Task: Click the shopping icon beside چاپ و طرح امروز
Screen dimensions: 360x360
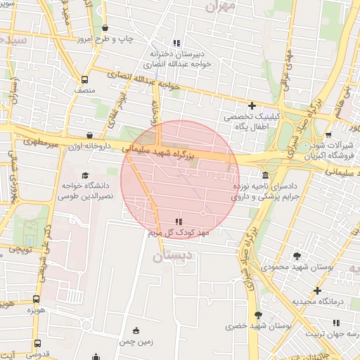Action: pos(105,28)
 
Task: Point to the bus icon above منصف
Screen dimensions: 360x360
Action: pos(84,79)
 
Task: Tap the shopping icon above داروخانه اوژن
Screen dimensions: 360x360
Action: pos(89,136)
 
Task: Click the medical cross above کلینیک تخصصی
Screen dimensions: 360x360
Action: pos(251,105)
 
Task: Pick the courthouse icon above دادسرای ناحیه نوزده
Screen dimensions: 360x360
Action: pos(264,175)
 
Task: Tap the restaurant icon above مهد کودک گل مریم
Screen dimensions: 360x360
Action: pos(176,221)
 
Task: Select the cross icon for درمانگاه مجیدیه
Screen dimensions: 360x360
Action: pos(317,290)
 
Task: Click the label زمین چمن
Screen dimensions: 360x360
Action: pos(136,342)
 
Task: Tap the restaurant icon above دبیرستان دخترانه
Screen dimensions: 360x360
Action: pos(176,42)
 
